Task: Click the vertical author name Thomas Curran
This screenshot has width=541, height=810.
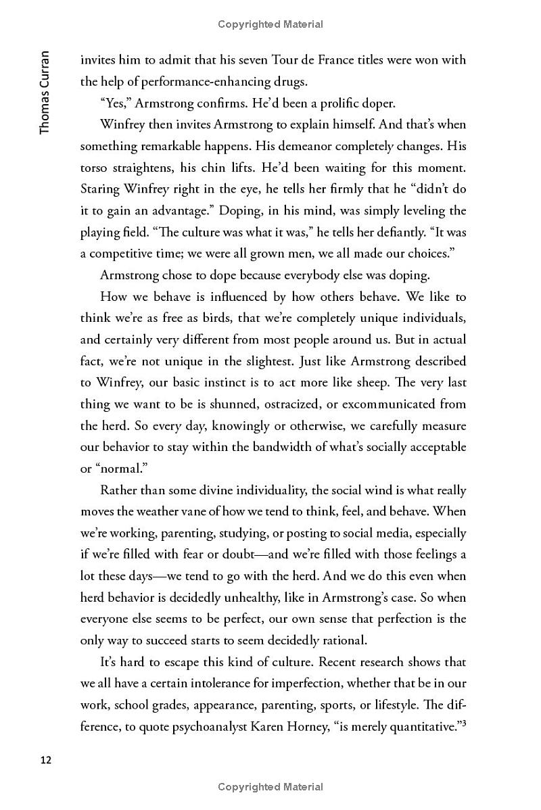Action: point(45,92)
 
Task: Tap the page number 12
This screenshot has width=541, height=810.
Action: point(45,759)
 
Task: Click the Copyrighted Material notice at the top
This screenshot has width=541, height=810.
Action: point(270,24)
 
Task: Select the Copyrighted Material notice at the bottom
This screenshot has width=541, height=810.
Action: point(270,786)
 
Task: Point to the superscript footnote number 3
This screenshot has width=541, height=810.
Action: point(463,705)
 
